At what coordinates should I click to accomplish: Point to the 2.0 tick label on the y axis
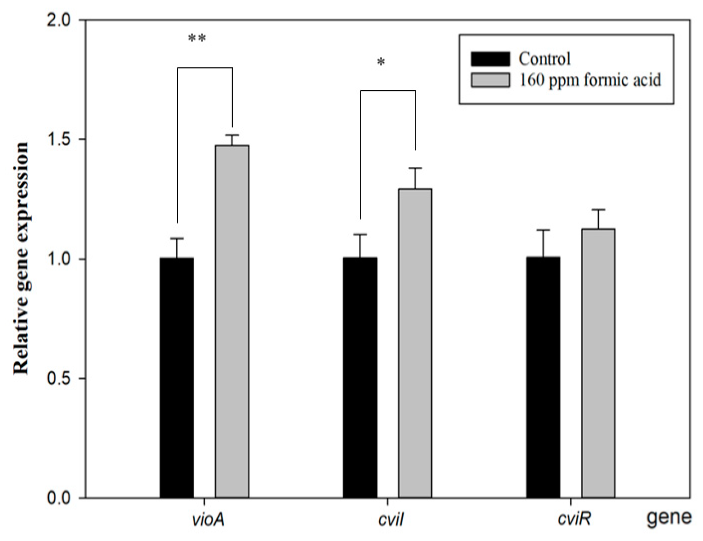(x=59, y=20)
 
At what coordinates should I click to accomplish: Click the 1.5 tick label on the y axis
(x=59, y=140)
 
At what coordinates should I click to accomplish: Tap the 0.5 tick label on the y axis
(x=59, y=379)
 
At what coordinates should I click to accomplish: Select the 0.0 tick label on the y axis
(x=59, y=498)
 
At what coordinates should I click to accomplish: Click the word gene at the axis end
(x=669, y=518)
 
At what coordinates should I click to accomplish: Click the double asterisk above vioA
(x=197, y=38)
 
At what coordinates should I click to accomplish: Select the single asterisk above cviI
(x=381, y=62)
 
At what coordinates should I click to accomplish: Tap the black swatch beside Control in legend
(x=490, y=59)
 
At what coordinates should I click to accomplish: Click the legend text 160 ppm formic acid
(x=590, y=80)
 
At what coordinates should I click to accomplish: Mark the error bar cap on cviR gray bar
(x=598, y=209)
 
